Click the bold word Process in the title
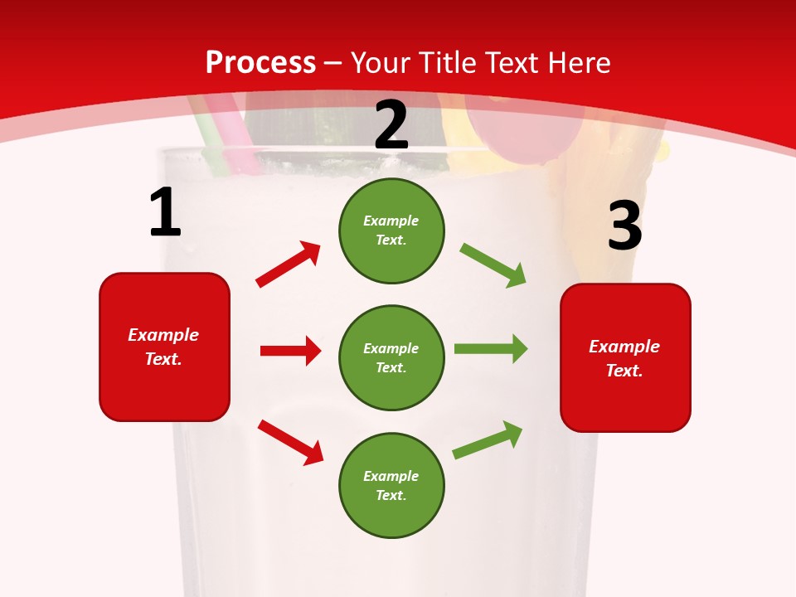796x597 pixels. (x=260, y=63)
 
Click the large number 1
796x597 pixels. (x=164, y=212)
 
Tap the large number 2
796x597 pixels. (x=391, y=125)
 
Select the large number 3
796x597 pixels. (x=624, y=226)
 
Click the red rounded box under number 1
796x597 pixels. (x=164, y=347)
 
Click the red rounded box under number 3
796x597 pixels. (x=625, y=357)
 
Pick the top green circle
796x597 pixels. (x=391, y=231)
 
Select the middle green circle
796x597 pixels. (x=391, y=357)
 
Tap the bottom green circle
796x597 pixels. (x=391, y=485)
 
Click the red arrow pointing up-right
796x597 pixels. (x=288, y=265)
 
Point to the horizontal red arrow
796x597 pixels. (x=290, y=351)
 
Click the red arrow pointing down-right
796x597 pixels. (x=290, y=442)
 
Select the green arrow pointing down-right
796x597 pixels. (x=493, y=265)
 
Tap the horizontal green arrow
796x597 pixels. (x=490, y=348)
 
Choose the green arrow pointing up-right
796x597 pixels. (x=488, y=440)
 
